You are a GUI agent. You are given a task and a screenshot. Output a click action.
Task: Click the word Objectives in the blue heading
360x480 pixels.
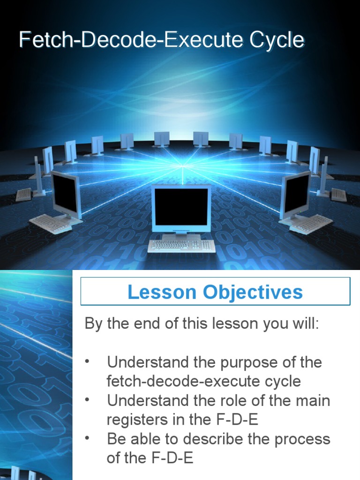coord(253,292)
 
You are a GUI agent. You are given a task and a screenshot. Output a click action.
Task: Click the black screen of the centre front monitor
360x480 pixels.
coord(181,206)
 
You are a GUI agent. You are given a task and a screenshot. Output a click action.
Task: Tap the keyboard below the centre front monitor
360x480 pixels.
coord(181,245)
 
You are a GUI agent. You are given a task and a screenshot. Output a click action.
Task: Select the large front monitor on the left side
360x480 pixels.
coord(66,195)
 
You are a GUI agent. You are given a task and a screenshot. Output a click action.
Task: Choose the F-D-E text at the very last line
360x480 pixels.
coord(172,458)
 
